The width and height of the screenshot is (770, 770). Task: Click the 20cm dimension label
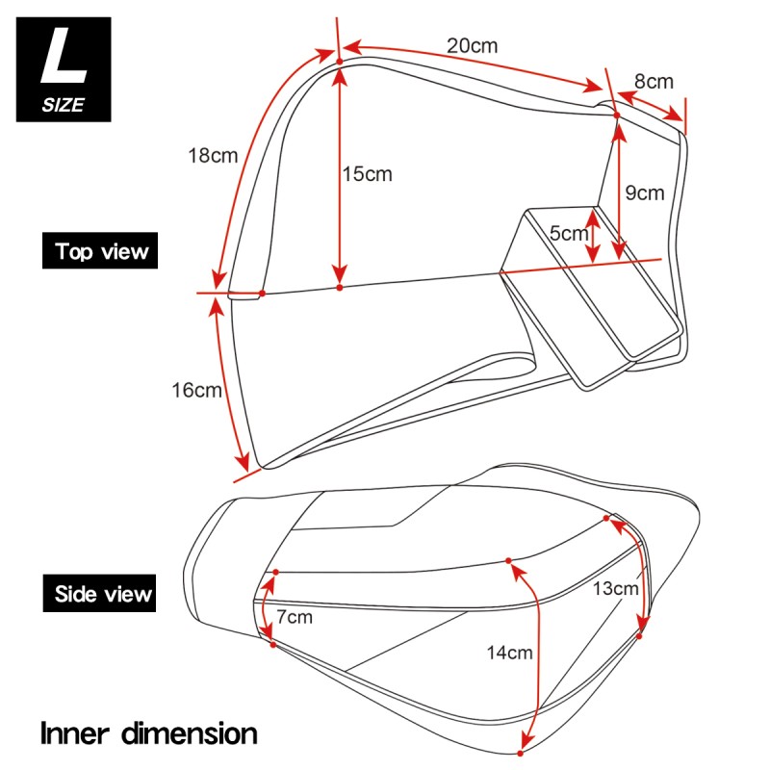tap(473, 44)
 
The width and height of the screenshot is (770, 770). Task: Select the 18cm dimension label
tap(212, 155)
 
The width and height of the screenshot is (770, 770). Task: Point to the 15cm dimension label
tap(368, 173)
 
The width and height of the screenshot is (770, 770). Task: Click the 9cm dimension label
tap(645, 192)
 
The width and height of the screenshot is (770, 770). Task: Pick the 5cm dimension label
tap(568, 232)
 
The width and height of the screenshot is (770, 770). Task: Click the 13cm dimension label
tap(615, 587)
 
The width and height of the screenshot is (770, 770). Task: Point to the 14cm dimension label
tap(509, 653)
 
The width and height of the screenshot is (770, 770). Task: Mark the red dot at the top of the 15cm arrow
tap(339, 64)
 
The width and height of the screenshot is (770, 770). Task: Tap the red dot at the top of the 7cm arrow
tap(275, 573)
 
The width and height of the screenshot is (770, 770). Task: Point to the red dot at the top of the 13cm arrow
tap(606, 519)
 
